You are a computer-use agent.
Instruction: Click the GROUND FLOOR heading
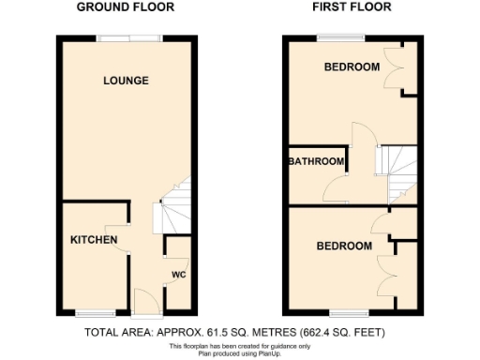click(127, 7)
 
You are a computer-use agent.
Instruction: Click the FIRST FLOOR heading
click(352, 7)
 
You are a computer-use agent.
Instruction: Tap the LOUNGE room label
click(126, 81)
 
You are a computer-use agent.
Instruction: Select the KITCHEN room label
click(94, 240)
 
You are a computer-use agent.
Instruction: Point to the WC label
click(179, 275)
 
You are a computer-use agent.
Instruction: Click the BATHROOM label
click(316, 161)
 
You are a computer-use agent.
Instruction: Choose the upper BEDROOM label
click(352, 67)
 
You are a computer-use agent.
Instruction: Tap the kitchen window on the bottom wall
click(97, 312)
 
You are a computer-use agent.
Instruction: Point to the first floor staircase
click(400, 169)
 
